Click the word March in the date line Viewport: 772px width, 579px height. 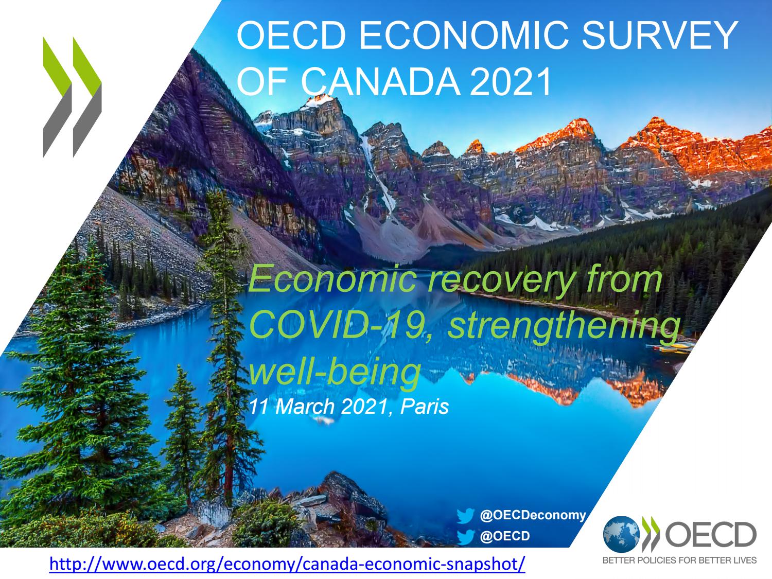point(306,407)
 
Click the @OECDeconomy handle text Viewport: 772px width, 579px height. point(533,515)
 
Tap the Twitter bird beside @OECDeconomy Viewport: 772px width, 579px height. point(466,515)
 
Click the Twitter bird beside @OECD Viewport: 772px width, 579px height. point(466,536)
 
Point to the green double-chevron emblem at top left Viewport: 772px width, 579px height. point(72,97)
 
